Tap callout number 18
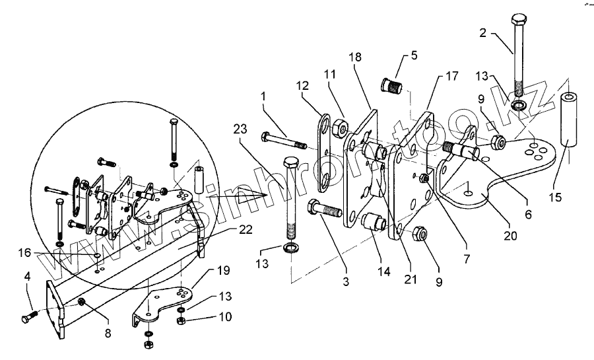(355, 58)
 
